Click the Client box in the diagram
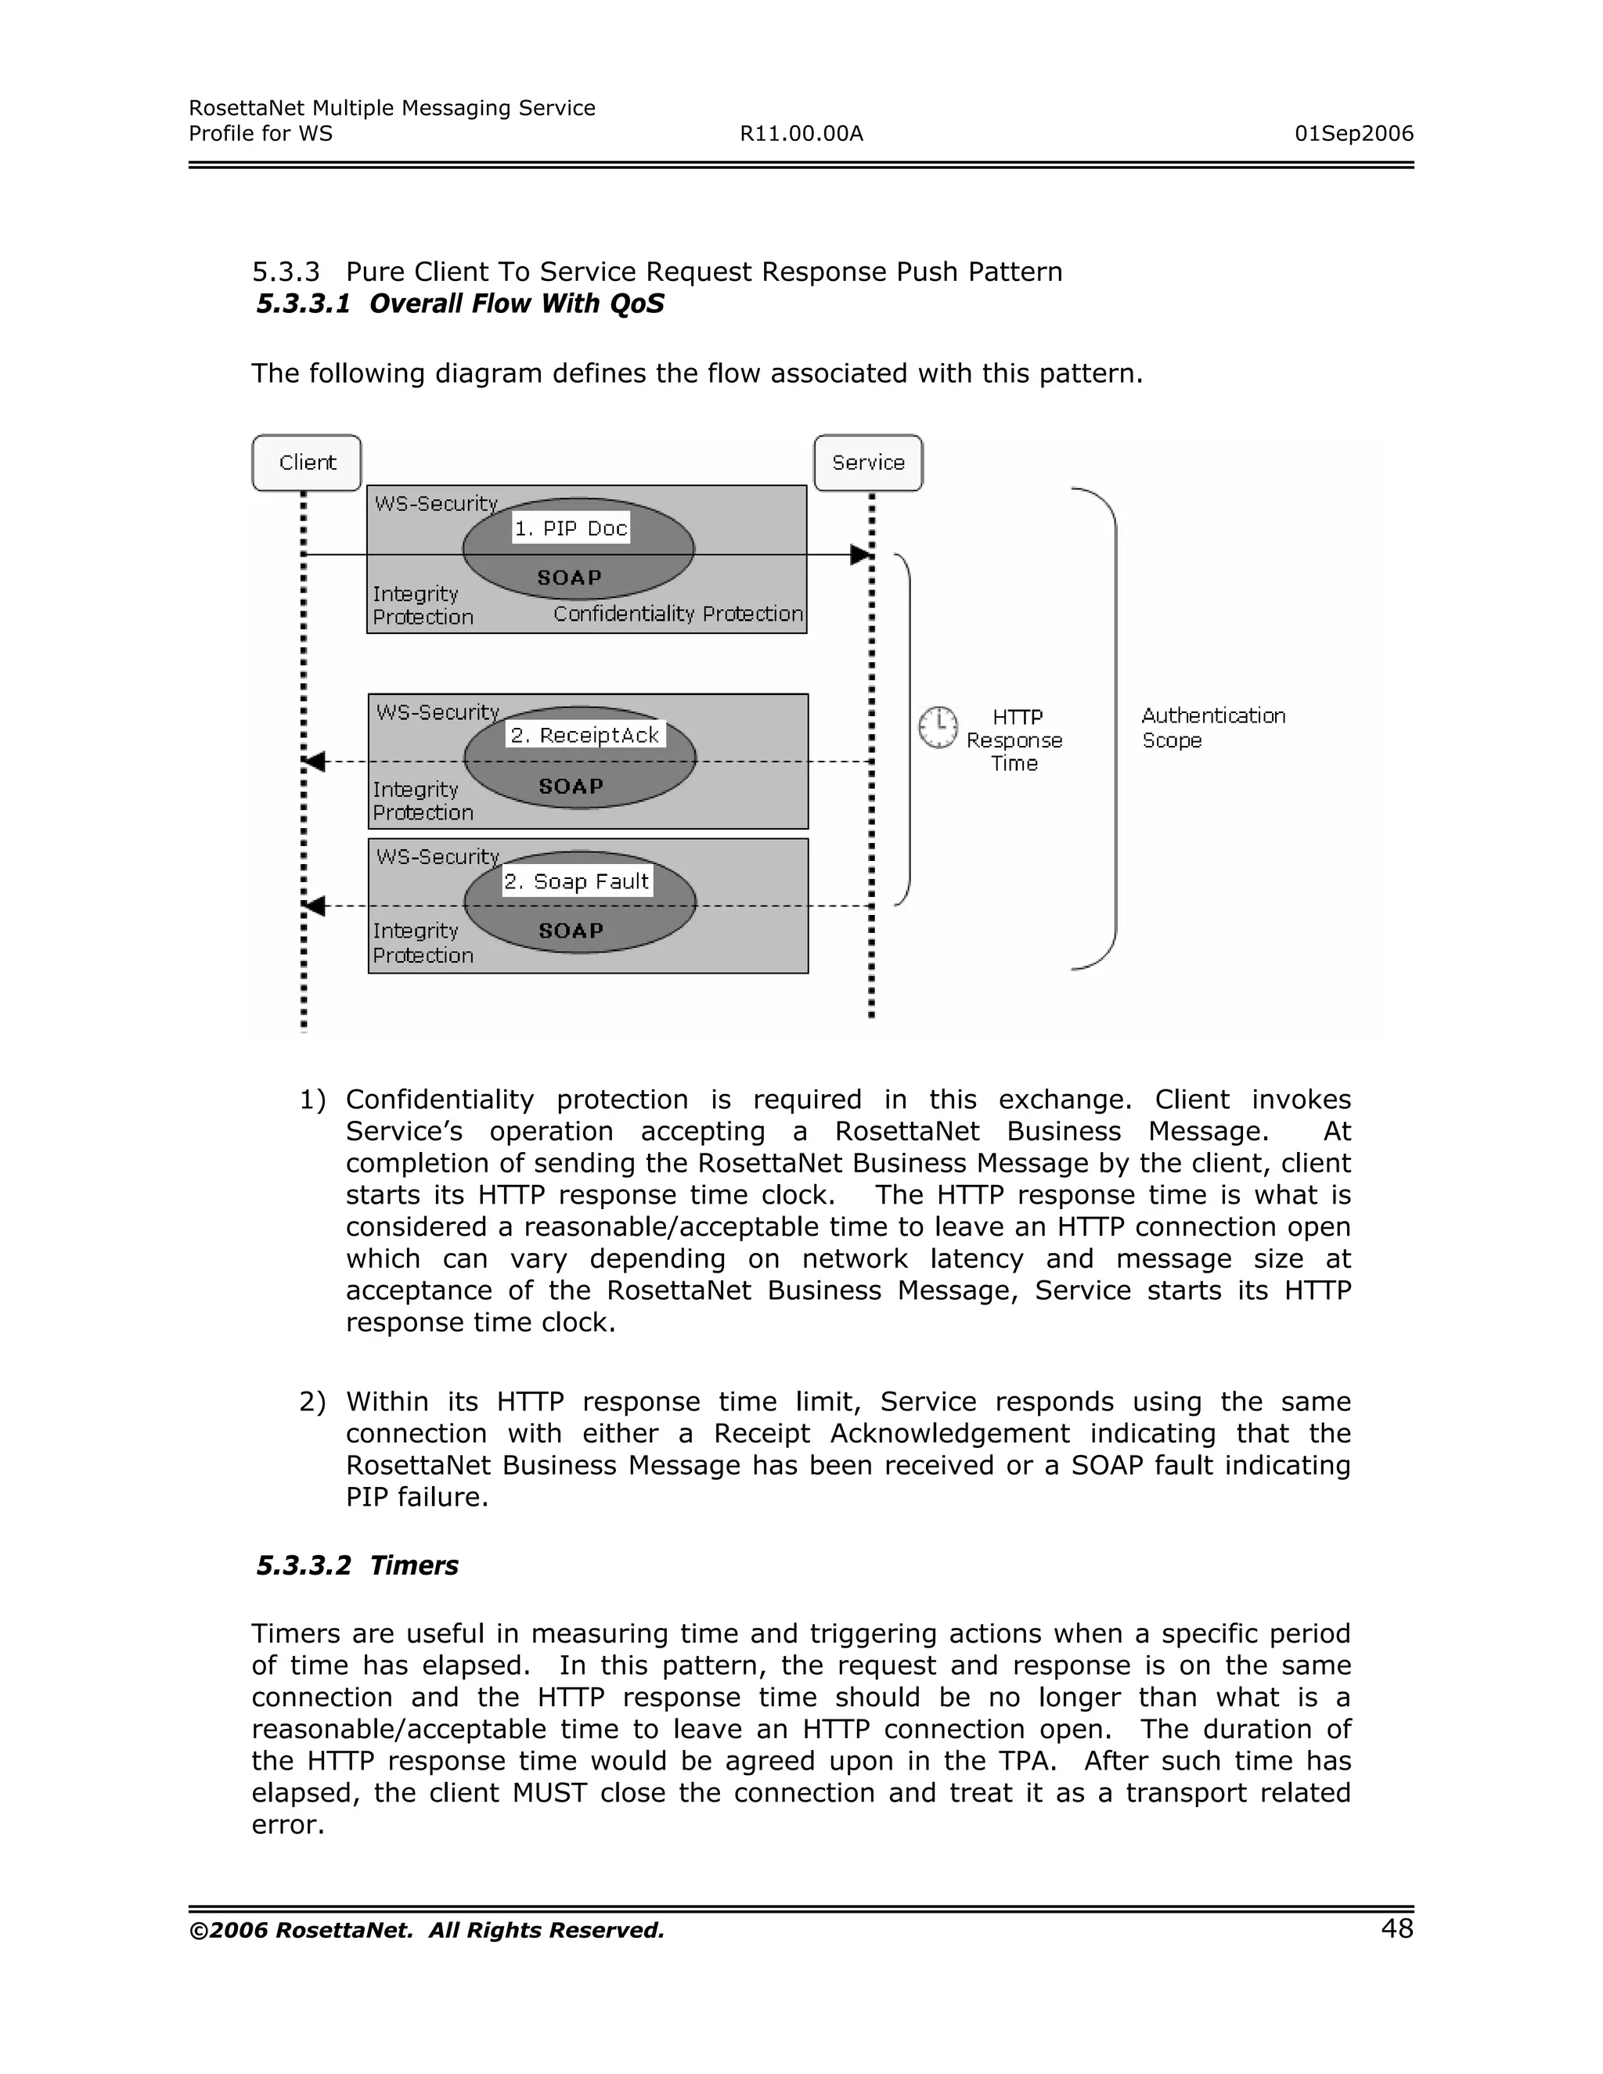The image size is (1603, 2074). pos(307,463)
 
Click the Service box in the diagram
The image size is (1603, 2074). pos(868,463)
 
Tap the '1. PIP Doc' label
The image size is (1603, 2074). pos(571,529)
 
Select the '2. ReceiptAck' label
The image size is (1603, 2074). pos(585,735)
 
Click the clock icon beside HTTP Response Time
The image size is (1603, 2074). pos(938,727)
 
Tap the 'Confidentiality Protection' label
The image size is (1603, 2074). pos(678,614)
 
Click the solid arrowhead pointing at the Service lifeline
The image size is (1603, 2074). pos(860,555)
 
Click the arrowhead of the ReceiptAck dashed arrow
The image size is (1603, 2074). pos(315,762)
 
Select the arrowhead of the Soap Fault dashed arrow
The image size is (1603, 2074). pos(315,906)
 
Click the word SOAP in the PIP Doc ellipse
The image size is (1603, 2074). pos(570,578)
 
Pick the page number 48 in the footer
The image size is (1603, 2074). pos(1397,1928)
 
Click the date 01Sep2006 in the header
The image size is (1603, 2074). pos(1353,134)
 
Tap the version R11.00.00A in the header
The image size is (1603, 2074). pos(801,134)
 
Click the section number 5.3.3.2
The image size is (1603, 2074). pos(304,1566)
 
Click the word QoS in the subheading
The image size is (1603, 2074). pos(637,304)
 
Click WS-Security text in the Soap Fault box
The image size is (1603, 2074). pos(438,856)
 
